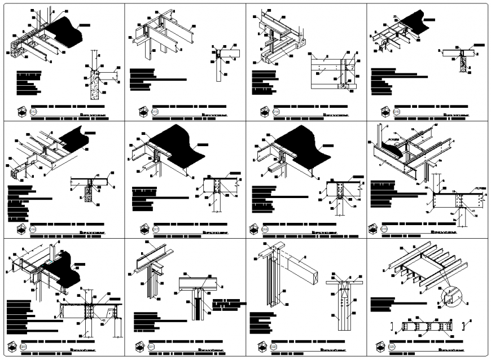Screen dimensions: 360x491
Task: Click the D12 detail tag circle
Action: pos(33,112)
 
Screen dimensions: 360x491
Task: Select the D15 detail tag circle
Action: pos(397,112)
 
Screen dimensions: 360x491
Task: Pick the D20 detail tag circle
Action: pos(24,346)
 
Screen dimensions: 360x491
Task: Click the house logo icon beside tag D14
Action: pos(264,112)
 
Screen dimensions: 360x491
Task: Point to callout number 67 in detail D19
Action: pos(436,124)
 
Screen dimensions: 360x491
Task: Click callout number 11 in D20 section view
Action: pos(103,321)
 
